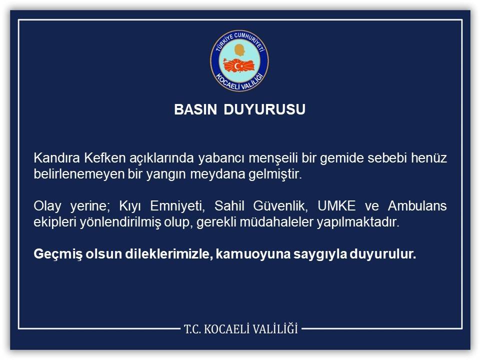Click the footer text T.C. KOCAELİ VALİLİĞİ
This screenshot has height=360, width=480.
240,329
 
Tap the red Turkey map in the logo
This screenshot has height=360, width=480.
239,65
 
